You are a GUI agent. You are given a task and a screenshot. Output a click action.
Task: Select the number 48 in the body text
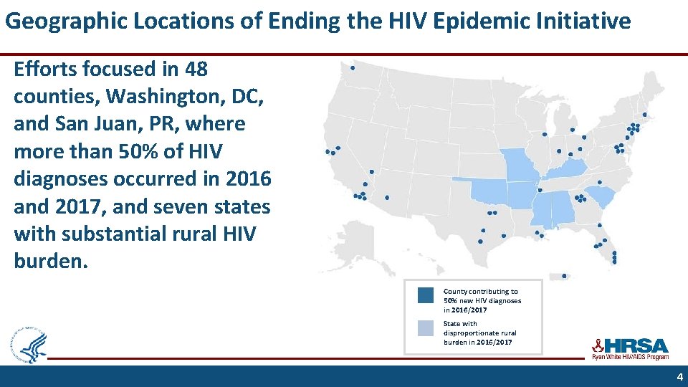196,70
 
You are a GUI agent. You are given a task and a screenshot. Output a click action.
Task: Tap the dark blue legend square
426,295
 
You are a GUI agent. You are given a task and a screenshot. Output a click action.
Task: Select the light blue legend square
426,328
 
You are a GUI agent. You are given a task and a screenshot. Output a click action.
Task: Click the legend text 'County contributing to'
480,292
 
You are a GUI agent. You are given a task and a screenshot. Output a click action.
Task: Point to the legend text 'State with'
460,324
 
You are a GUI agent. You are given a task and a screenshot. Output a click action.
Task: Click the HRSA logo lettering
635,345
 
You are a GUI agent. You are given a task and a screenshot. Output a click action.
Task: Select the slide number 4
679,377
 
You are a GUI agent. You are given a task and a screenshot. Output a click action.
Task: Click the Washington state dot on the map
353,68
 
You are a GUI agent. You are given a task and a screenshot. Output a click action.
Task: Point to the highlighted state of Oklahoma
487,191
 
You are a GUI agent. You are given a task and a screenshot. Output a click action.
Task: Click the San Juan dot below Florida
565,276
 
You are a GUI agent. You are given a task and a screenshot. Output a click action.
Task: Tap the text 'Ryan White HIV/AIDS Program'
629,357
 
